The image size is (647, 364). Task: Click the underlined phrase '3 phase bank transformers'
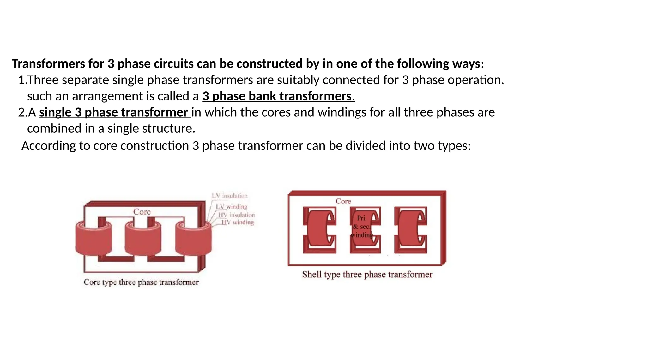click(x=278, y=96)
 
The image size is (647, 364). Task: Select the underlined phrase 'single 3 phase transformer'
click(x=114, y=112)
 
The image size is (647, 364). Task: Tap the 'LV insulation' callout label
click(x=230, y=196)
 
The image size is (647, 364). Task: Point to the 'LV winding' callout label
click(x=232, y=207)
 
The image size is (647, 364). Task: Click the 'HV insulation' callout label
click(x=236, y=215)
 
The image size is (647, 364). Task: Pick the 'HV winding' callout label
click(x=237, y=222)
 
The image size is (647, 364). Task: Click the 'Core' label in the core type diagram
click(x=142, y=212)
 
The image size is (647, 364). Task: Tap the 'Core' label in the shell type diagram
click(x=343, y=201)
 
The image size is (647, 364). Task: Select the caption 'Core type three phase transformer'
click(x=141, y=282)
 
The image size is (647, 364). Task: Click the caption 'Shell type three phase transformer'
click(x=367, y=274)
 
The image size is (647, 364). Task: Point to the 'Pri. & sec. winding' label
click(x=362, y=227)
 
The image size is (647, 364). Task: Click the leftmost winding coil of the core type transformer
click(x=94, y=240)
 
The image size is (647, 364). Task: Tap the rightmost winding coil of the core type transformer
click(x=193, y=240)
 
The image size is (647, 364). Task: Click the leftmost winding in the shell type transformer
click(x=317, y=229)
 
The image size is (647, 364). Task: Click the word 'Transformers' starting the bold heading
click(x=48, y=64)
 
